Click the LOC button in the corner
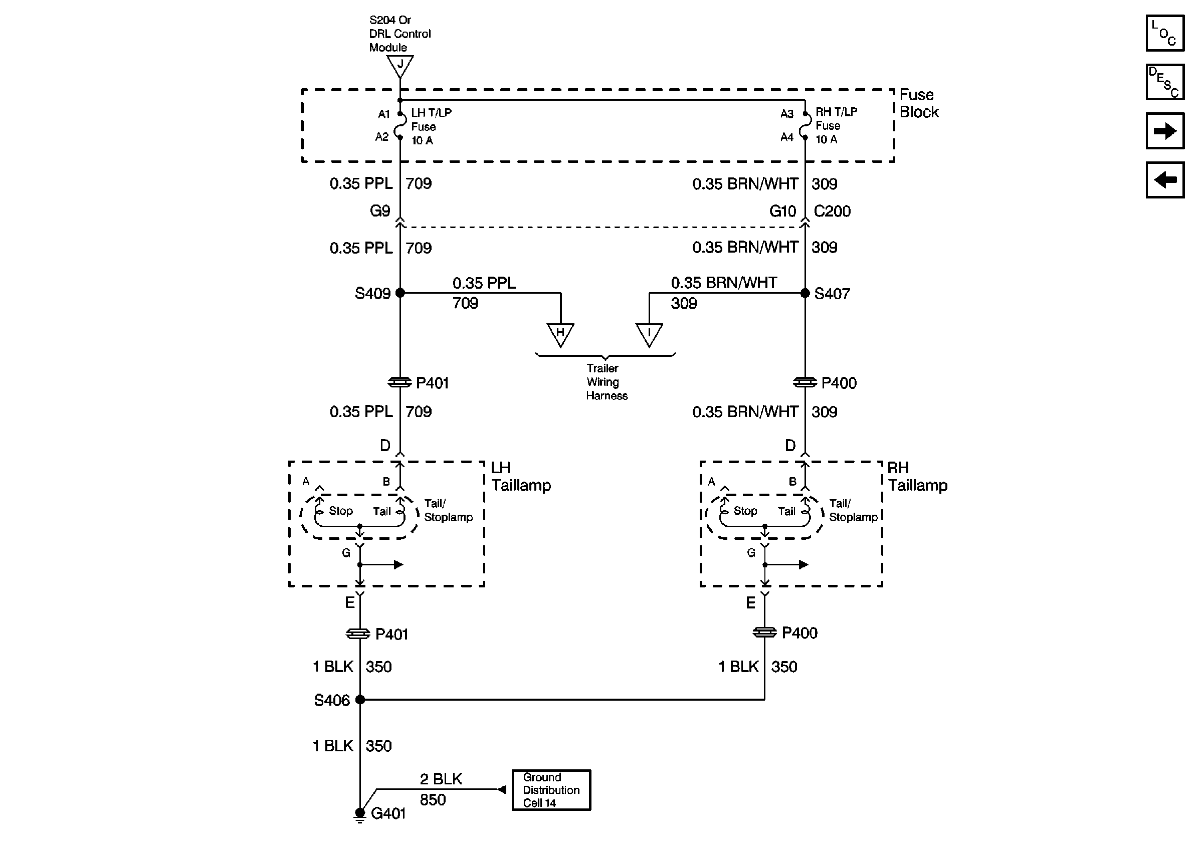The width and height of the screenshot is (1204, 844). [1165, 33]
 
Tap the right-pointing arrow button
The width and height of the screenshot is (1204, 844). [1165, 131]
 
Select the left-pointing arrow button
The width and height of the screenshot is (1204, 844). [1165, 180]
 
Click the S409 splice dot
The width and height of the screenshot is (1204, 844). [400, 293]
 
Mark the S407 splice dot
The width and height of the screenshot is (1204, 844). [805, 293]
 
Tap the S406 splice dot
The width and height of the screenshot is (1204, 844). [360, 699]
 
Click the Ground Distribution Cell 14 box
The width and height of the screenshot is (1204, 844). [551, 790]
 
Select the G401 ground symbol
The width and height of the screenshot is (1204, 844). [360, 815]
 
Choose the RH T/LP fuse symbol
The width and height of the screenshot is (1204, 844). [805, 126]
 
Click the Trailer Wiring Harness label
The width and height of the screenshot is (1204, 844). [606, 381]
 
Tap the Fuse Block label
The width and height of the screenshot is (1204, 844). [919, 103]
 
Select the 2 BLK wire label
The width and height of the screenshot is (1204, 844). [441, 779]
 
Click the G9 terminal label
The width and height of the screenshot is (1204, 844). [380, 210]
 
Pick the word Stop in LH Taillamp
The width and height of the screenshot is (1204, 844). [341, 511]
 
